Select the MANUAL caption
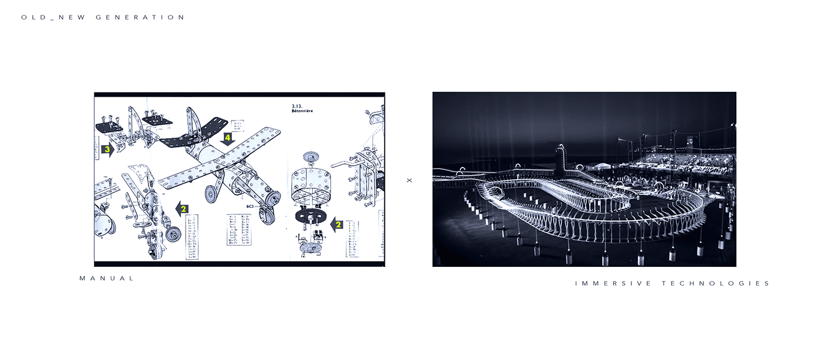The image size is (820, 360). [x=107, y=279]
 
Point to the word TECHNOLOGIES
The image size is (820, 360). [x=716, y=283]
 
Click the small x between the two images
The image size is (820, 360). [x=409, y=180]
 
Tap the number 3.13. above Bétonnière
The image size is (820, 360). [x=298, y=105]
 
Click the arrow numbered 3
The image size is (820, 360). [x=107, y=150]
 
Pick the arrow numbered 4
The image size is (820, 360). [x=228, y=138]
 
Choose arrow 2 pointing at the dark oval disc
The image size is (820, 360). [x=336, y=223]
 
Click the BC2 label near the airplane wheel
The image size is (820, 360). [x=250, y=207]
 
